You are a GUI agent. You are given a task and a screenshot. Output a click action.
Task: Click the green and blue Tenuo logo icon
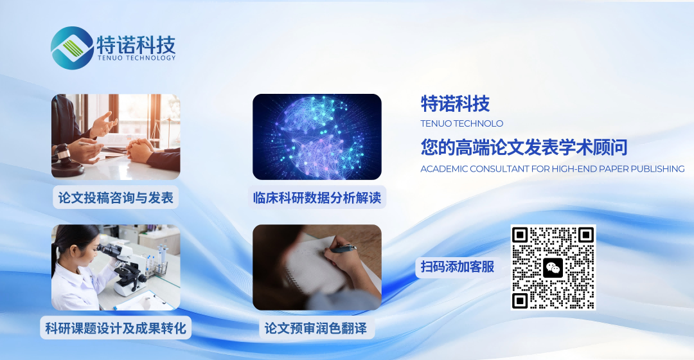[x=71, y=48]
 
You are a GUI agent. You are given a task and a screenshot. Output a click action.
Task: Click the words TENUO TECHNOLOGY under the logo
[x=136, y=58]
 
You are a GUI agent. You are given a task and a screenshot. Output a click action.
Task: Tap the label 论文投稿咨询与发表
[x=116, y=197]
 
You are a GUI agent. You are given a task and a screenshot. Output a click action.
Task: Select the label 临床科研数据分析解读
[x=317, y=197]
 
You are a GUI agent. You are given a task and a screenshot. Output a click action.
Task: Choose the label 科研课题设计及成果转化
[x=116, y=328]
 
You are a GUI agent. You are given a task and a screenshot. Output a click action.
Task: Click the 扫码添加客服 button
[x=458, y=267]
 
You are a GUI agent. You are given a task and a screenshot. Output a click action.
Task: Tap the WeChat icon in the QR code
[x=553, y=267]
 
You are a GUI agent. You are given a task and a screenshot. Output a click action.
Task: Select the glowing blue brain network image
[x=317, y=136]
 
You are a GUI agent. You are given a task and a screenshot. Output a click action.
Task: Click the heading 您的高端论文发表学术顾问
[x=524, y=148]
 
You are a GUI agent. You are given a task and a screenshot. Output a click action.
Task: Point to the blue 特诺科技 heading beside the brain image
[x=455, y=104]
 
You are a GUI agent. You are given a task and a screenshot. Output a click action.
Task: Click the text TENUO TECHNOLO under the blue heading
[x=461, y=123]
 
